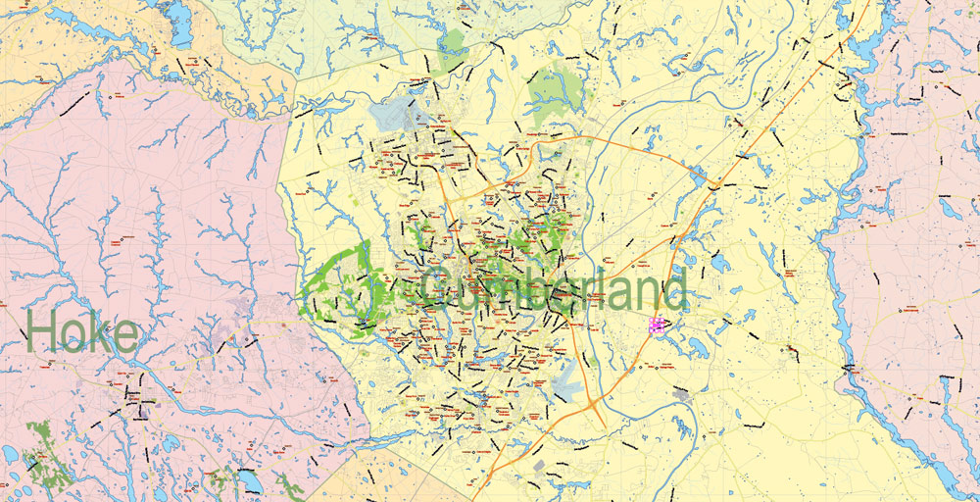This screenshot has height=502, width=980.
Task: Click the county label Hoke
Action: point(82,332)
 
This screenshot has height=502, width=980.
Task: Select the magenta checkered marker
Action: point(656,324)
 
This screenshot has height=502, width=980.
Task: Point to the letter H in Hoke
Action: point(43,332)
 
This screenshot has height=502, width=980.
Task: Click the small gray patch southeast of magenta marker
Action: point(680,394)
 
